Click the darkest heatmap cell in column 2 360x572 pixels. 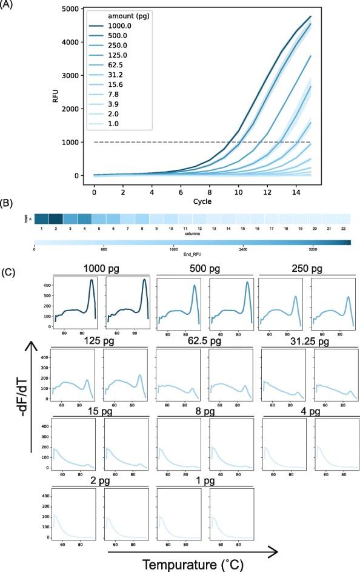[56, 219]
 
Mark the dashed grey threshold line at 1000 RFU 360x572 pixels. [182, 142]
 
